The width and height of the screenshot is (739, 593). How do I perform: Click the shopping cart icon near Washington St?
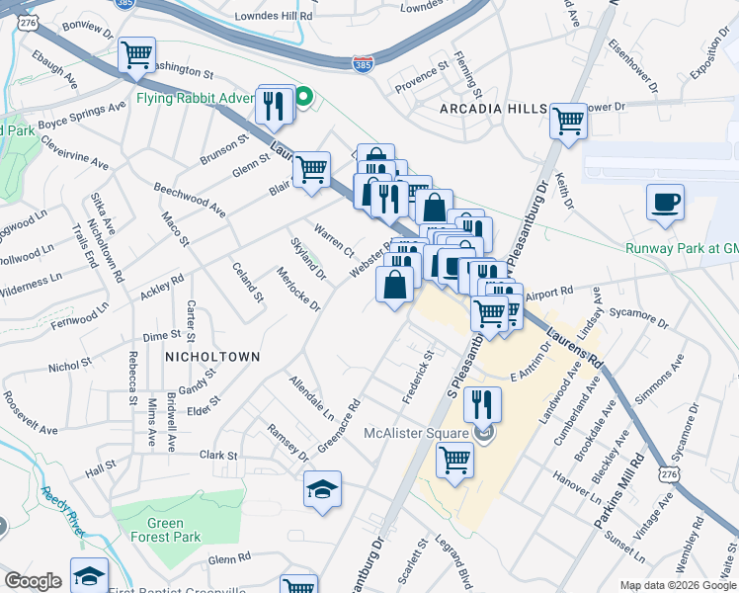pyautogui.click(x=136, y=55)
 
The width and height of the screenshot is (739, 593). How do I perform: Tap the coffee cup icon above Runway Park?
pyautogui.click(x=665, y=203)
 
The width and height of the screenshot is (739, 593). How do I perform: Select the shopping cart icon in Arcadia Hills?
pyautogui.click(x=568, y=121)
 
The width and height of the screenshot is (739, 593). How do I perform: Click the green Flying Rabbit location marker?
pyautogui.click(x=304, y=97)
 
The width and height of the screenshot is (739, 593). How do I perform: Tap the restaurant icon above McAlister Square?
pyautogui.click(x=482, y=403)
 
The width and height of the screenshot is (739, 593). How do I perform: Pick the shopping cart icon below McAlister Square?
pyautogui.click(x=454, y=459)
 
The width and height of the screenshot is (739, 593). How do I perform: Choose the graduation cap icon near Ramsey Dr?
pyautogui.click(x=322, y=489)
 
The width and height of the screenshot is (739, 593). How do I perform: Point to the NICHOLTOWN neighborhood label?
pyautogui.click(x=212, y=356)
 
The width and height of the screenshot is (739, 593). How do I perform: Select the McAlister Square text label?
pyautogui.click(x=419, y=433)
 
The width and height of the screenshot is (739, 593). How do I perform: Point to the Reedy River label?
pyautogui.click(x=60, y=510)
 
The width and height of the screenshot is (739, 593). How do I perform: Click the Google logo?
pyautogui.click(x=34, y=581)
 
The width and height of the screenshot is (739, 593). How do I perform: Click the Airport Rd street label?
pyautogui.click(x=547, y=294)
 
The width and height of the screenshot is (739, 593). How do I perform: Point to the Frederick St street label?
pyautogui.click(x=418, y=375)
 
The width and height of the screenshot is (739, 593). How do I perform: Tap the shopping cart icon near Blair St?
pyautogui.click(x=310, y=167)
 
